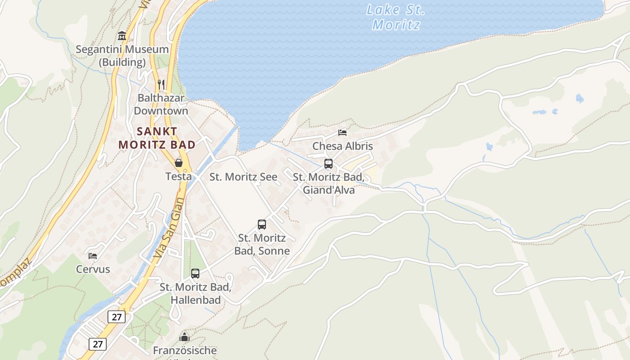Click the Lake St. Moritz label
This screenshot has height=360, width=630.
point(396,17)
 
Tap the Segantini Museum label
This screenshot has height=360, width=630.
point(122,55)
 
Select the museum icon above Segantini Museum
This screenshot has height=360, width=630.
point(122,36)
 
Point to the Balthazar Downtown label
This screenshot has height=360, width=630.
point(161,104)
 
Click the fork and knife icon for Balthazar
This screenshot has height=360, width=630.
point(161,84)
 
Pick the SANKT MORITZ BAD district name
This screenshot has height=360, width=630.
point(157,138)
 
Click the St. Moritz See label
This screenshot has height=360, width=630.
point(243,177)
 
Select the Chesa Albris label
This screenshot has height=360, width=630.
point(342,146)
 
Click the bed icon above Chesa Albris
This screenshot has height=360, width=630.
point(342,133)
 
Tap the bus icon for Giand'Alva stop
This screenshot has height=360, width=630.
point(328,164)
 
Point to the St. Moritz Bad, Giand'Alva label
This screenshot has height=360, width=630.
point(328,184)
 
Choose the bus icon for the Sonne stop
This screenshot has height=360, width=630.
point(262,224)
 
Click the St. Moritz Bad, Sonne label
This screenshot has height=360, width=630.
point(262,244)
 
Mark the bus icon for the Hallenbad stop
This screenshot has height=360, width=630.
point(195,273)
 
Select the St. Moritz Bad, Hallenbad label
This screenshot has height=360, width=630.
point(195,293)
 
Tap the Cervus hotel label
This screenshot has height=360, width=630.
point(93,270)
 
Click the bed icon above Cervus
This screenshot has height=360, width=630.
point(93,256)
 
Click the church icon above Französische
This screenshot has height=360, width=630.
point(184,337)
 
